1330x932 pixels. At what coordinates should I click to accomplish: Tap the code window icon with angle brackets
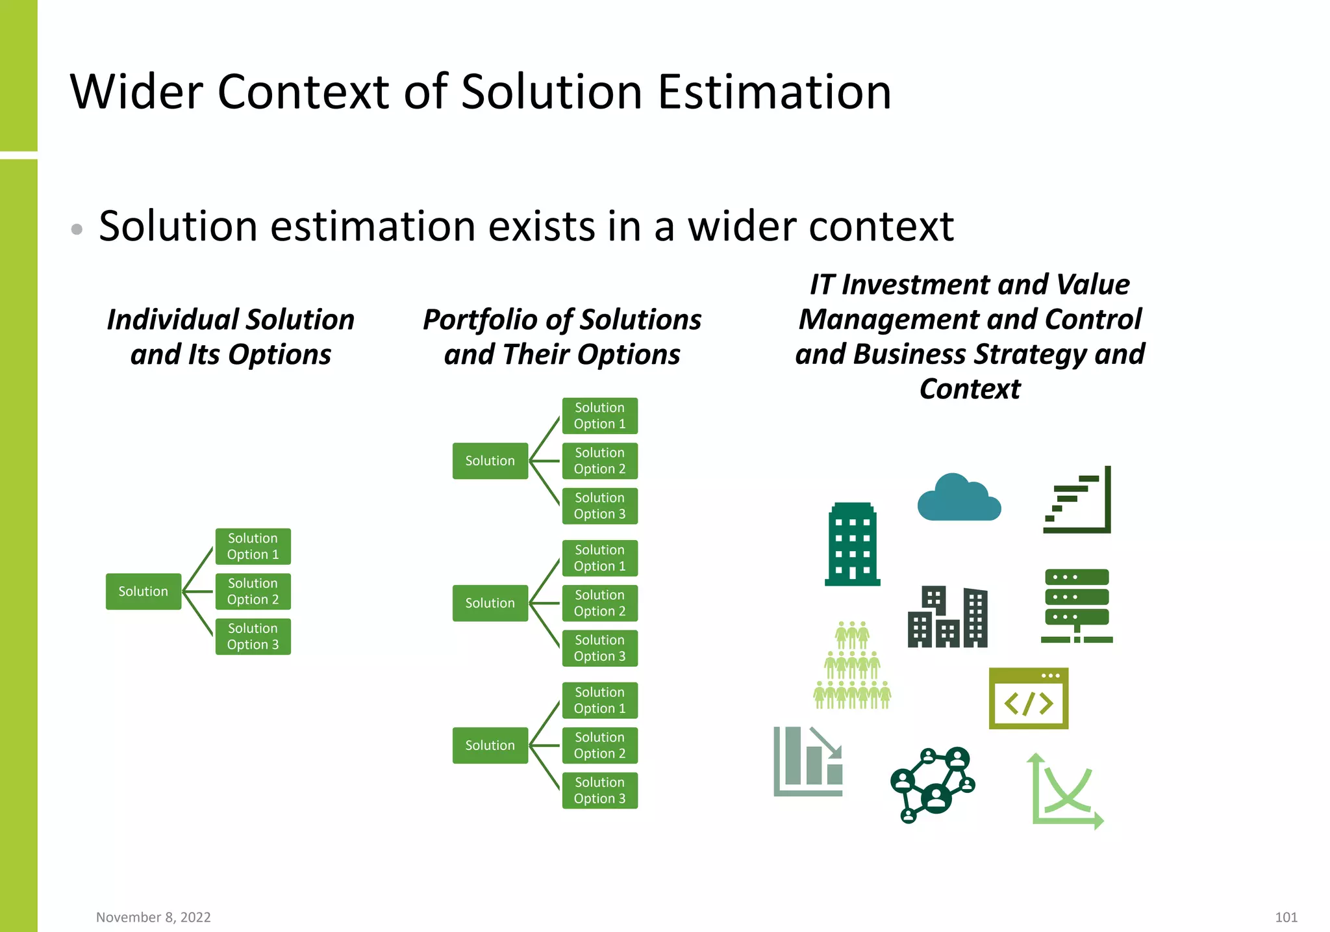[1028, 699]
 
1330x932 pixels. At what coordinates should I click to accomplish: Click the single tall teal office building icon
[852, 545]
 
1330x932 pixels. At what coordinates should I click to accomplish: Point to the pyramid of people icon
[852, 666]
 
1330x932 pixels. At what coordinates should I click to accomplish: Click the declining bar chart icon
[808, 762]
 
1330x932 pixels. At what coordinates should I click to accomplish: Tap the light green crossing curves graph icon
[1065, 792]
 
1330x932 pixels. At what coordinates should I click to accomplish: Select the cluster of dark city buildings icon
[947, 617]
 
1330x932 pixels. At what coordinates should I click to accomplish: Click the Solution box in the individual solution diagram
[143, 591]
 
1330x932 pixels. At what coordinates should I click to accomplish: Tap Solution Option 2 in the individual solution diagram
[253, 591]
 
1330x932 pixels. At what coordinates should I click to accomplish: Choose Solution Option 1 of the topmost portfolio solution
[599, 416]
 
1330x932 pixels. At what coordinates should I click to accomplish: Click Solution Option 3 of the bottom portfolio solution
[599, 790]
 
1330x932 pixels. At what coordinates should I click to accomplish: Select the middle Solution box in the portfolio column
[490, 603]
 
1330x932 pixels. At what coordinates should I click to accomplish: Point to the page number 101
[1286, 917]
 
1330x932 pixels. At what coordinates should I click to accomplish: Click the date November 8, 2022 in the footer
[153, 917]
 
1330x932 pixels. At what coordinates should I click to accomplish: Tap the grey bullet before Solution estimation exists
[77, 229]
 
